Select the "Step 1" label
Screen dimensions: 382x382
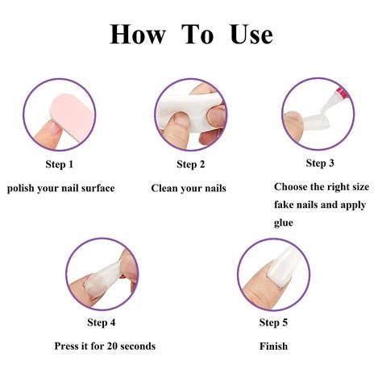(60, 164)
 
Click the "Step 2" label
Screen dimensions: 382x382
(191, 164)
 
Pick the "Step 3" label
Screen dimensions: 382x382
(320, 164)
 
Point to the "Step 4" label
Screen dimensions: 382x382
(102, 323)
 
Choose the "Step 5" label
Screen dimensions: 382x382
(273, 323)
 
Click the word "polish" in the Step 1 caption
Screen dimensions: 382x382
(23, 189)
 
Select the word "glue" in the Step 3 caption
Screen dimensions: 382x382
(284, 222)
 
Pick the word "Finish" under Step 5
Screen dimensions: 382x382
(273, 347)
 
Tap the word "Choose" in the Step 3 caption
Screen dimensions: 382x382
(292, 187)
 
